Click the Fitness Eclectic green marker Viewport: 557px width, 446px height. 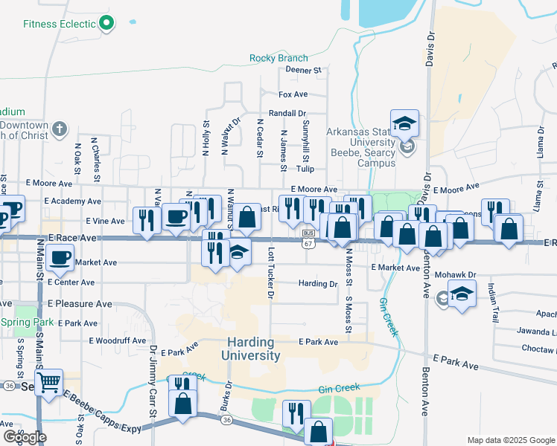pyautogui.click(x=106, y=23)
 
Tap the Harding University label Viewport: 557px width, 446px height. pyautogui.click(x=250, y=349)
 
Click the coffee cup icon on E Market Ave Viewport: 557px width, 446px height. pyautogui.click(x=60, y=258)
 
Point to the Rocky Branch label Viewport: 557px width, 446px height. pyautogui.click(x=278, y=58)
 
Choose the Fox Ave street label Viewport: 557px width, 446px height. pyautogui.click(x=293, y=94)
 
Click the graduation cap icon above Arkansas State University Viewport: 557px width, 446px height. pyautogui.click(x=404, y=123)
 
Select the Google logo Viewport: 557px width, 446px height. pyautogui.click(x=25, y=437)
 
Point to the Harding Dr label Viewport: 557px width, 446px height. pyautogui.click(x=318, y=284)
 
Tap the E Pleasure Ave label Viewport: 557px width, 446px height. pyautogui.click(x=80, y=304)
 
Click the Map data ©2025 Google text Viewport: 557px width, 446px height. pyautogui.click(x=510, y=440)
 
